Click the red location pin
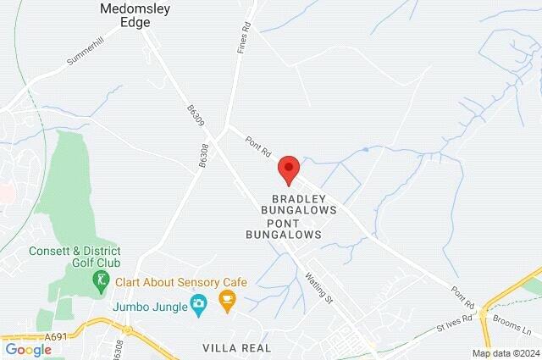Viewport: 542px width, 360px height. click(289, 169)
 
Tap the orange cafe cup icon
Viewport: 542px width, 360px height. click(227, 300)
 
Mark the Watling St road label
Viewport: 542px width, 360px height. click(316, 280)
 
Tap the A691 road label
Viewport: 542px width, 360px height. click(57, 336)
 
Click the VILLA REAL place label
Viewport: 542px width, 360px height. click(237, 348)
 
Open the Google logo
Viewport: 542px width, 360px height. click(28, 350)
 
